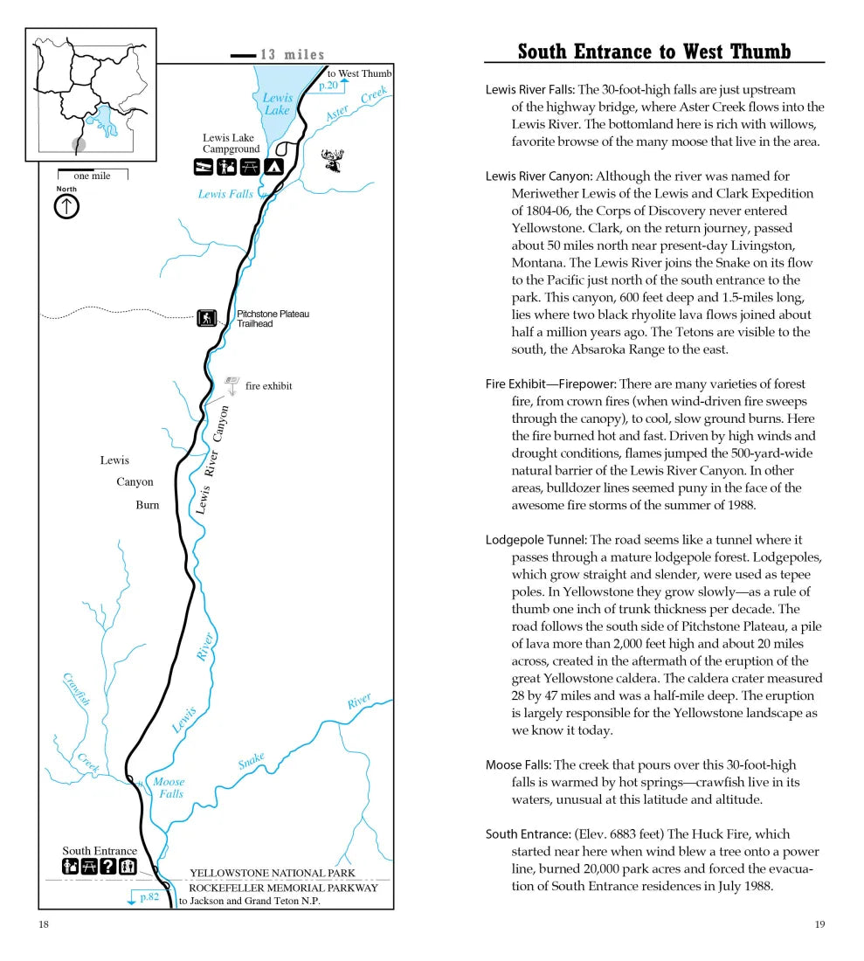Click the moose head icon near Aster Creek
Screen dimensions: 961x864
click(333, 160)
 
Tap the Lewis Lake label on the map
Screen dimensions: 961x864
click(277, 104)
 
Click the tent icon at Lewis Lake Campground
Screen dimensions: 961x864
click(274, 166)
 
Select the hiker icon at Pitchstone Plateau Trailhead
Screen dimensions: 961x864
click(206, 318)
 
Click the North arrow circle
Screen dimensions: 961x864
click(67, 206)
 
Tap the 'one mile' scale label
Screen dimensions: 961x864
click(92, 176)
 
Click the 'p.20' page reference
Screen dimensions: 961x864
click(328, 86)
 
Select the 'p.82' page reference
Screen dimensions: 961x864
click(148, 897)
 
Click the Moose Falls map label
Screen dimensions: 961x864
click(169, 787)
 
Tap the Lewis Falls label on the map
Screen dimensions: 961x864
click(225, 194)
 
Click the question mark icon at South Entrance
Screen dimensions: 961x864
click(108, 867)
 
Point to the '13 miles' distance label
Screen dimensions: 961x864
click(292, 55)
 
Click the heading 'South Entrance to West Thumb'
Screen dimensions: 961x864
click(653, 52)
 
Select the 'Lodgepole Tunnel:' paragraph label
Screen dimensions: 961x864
click(536, 540)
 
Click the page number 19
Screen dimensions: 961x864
click(819, 924)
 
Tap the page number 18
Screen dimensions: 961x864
click(44, 924)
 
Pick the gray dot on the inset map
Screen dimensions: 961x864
click(79, 144)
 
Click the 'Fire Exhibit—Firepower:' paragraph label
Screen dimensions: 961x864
click(550, 384)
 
